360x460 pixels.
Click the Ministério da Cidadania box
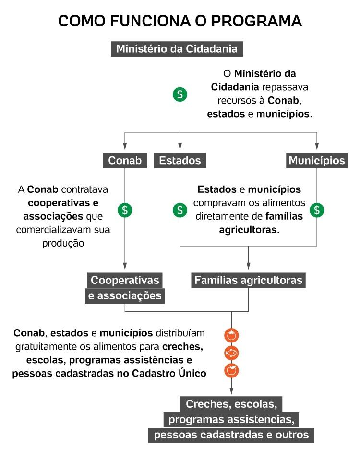pyautogui.click(x=177, y=49)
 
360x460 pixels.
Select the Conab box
pyautogui.click(x=125, y=160)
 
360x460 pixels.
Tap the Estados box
pyautogui.click(x=180, y=160)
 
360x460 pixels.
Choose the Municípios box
pyautogui.click(x=317, y=160)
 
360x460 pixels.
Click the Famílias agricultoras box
pyautogui.click(x=248, y=280)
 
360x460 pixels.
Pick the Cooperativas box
pyautogui.click(x=125, y=280)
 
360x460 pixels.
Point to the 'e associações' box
pyautogui.click(x=125, y=296)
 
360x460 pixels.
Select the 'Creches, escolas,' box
pyautogui.click(x=231, y=403)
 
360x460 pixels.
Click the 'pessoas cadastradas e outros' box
pyautogui.click(x=231, y=435)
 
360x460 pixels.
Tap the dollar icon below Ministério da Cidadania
pyautogui.click(x=180, y=94)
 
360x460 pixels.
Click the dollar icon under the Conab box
pyautogui.click(x=125, y=210)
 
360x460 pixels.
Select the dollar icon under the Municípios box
pyautogui.click(x=317, y=210)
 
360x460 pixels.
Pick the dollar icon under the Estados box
pyautogui.click(x=180, y=210)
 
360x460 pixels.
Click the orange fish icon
pyautogui.click(x=231, y=353)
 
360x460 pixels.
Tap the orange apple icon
pyautogui.click(x=231, y=370)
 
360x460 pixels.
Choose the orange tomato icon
pyautogui.click(x=231, y=335)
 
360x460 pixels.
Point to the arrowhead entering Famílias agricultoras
pyautogui.click(x=248, y=267)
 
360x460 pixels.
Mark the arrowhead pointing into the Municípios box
pyautogui.click(x=317, y=147)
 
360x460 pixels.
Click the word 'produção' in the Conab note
pyautogui.click(x=63, y=243)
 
